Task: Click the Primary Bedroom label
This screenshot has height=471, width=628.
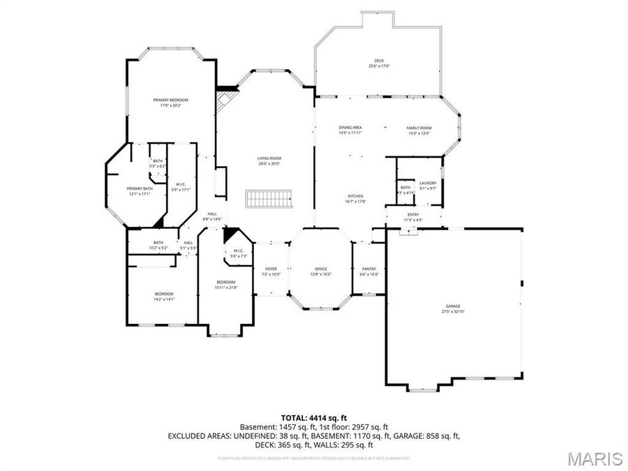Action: point(171,100)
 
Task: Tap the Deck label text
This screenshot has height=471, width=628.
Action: point(379,61)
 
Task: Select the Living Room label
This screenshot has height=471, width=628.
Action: point(269,158)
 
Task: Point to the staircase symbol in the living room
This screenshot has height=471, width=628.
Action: point(269,198)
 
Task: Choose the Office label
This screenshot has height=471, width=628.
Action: point(321,269)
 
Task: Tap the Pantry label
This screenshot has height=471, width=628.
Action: point(369,269)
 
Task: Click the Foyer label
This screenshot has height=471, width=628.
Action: point(271,269)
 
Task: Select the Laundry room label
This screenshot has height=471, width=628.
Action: point(428,183)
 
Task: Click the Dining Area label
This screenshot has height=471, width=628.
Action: point(350,128)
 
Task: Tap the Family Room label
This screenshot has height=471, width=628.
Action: point(419,128)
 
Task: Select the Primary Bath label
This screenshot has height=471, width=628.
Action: point(140,188)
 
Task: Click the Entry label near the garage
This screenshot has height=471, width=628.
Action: point(414,215)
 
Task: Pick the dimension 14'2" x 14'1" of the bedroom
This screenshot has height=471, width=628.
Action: point(164,299)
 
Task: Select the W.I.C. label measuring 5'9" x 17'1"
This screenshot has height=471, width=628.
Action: point(180,184)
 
